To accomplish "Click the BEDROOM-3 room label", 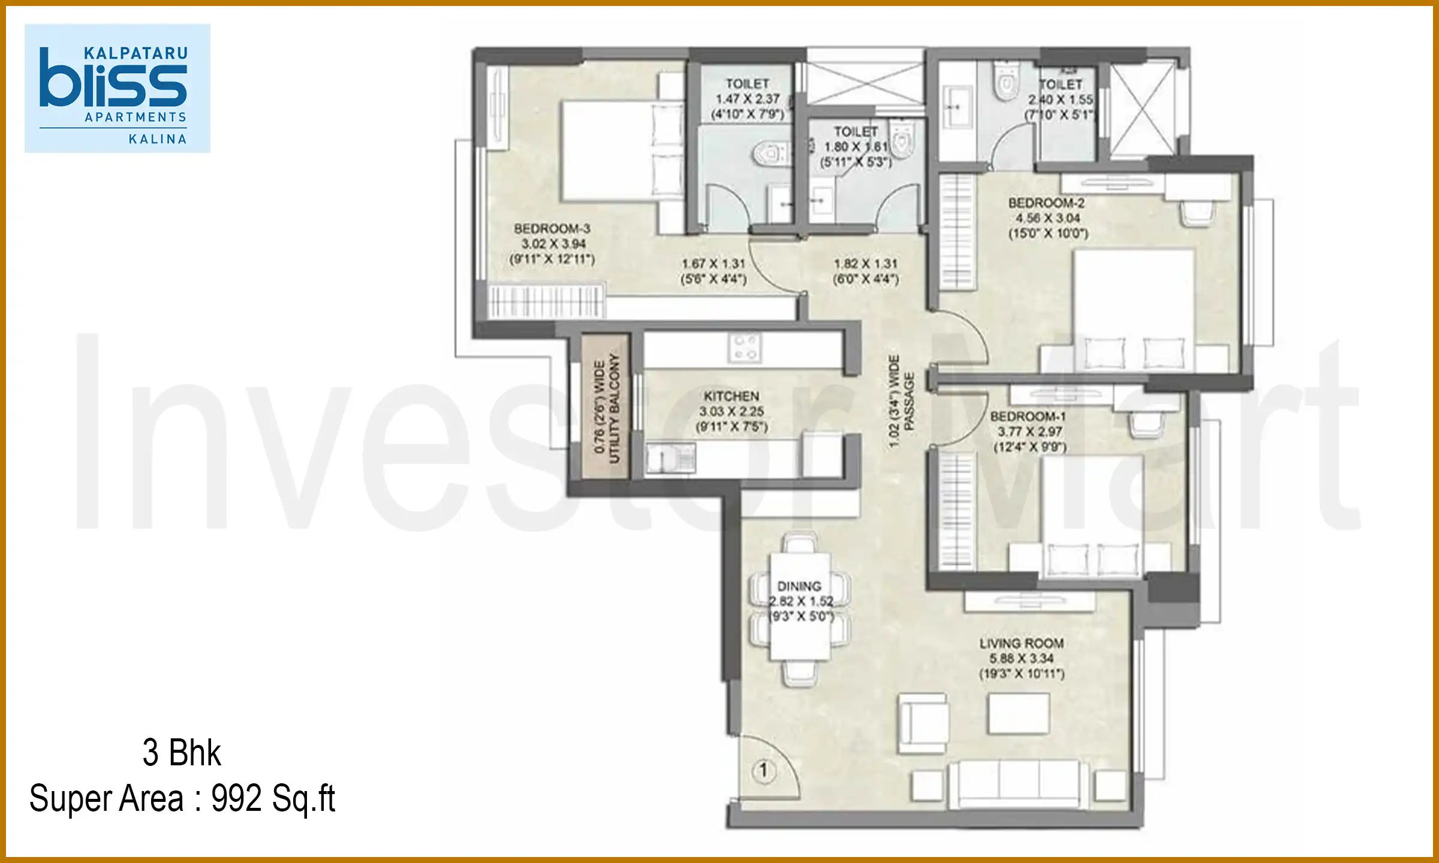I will click(552, 229).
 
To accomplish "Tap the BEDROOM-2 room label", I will click(1046, 203).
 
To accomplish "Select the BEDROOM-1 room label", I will click(1028, 417).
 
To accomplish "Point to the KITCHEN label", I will click(731, 396).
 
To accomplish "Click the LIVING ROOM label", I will click(1022, 643).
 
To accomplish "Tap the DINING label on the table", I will click(799, 586).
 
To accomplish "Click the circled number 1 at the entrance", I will click(763, 770).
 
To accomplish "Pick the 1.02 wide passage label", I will click(901, 400).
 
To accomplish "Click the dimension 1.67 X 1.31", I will click(713, 264).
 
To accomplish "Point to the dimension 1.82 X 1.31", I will click(865, 264).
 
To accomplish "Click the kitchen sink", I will click(670, 459).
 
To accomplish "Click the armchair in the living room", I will click(923, 723).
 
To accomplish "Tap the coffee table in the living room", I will click(1018, 713).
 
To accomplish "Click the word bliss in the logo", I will click(113, 84).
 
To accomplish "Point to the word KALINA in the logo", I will click(158, 139).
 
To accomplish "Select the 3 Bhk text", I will click(182, 753).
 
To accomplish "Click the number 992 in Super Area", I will click(236, 798).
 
